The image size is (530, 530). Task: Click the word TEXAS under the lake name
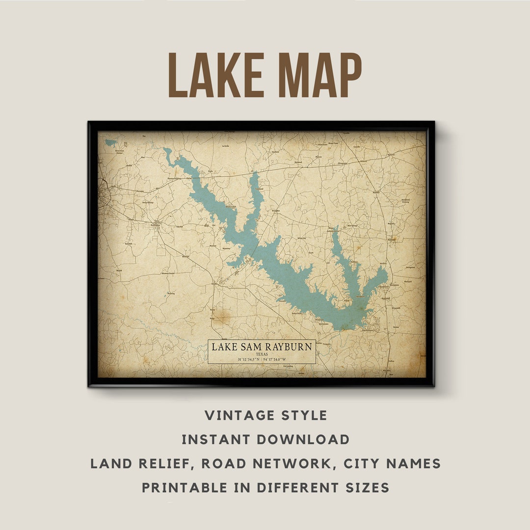pyautogui.click(x=262, y=354)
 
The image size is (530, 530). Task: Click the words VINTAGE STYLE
pyautogui.click(x=265, y=416)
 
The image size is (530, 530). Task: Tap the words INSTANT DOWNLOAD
pyautogui.click(x=265, y=439)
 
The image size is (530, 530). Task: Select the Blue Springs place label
pyautogui.click(x=352, y=226)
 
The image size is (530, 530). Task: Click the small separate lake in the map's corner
pyautogui.click(x=110, y=142)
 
